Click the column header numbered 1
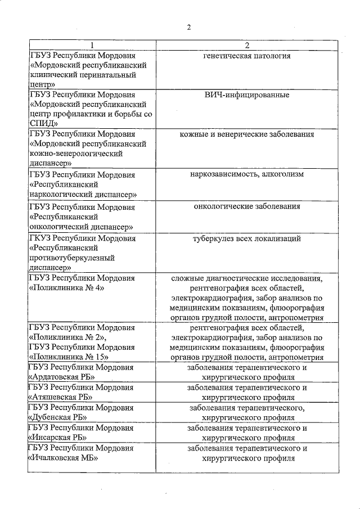click(x=93, y=45)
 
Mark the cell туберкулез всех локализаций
click(x=247, y=238)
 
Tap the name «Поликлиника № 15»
click(x=70, y=357)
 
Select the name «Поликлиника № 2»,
click(x=68, y=337)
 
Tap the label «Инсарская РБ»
click(x=60, y=437)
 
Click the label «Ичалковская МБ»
click(x=63, y=458)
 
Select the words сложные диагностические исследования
click(x=247, y=278)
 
